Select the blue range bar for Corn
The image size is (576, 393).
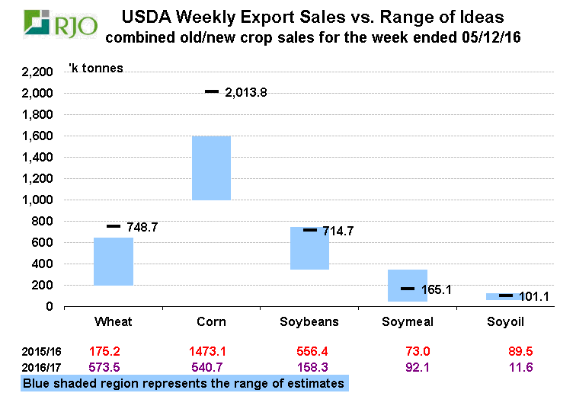pyautogui.click(x=211, y=168)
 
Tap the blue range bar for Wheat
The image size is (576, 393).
pyautogui.click(x=114, y=261)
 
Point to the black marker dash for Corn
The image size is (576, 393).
pyautogui.click(x=212, y=92)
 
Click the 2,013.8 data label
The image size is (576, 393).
pyautogui.click(x=247, y=93)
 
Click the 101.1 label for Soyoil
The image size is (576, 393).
pyautogui.click(x=533, y=296)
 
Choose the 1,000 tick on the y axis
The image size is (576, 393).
pyautogui.click(x=37, y=200)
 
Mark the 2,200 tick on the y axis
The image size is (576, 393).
pyautogui.click(x=37, y=72)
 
